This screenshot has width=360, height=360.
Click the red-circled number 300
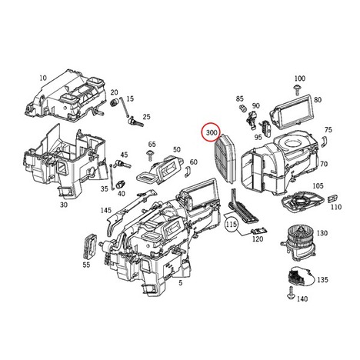point(212,132)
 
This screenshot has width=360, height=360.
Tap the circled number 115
point(232,225)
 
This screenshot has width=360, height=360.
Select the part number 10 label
point(43,78)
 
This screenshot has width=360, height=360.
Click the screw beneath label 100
point(297,89)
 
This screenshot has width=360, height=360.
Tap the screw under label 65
point(149,155)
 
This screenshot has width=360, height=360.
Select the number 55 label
point(86,265)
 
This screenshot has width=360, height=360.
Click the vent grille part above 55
point(91,245)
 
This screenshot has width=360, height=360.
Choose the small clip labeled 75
point(324,141)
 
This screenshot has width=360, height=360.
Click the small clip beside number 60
point(187,172)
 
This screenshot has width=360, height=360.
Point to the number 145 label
point(105,211)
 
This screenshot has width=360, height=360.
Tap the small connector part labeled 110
point(333,198)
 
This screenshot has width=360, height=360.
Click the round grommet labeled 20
point(113,102)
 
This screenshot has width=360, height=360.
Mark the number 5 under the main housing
point(181,283)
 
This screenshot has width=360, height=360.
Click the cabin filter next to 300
point(225,159)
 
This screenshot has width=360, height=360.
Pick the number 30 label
point(64,205)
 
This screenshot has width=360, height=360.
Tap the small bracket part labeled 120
point(258,231)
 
